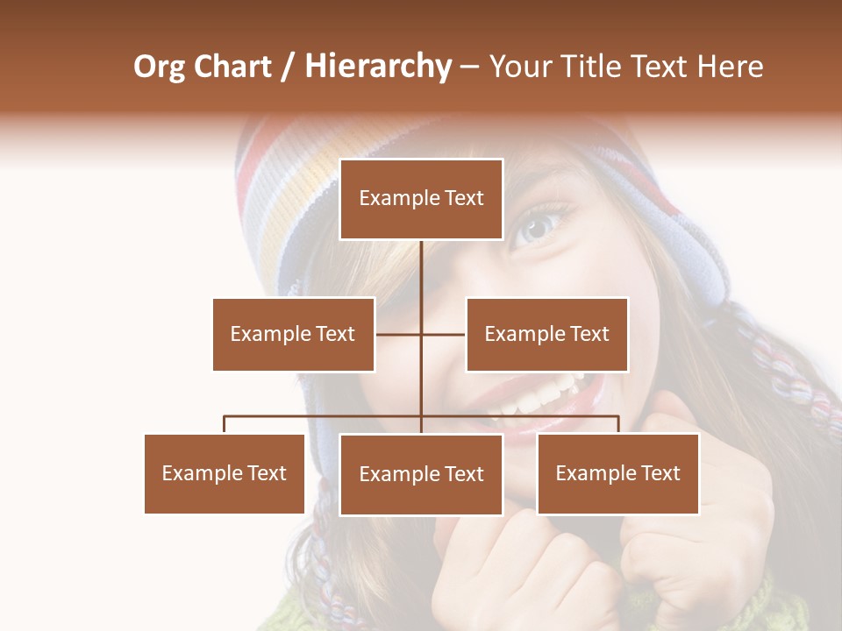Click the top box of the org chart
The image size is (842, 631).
(421, 199)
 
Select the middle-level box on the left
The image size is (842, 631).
(293, 334)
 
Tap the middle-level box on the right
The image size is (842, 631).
(546, 334)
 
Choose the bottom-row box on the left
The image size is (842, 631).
(225, 473)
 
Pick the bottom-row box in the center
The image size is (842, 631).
(421, 474)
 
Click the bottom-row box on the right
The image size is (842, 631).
(617, 473)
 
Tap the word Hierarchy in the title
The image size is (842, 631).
(378, 67)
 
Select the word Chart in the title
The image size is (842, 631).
(232, 67)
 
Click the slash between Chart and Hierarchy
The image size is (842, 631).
(288, 67)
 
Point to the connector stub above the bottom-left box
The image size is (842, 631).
(225, 424)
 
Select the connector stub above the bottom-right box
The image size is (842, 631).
(617, 424)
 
